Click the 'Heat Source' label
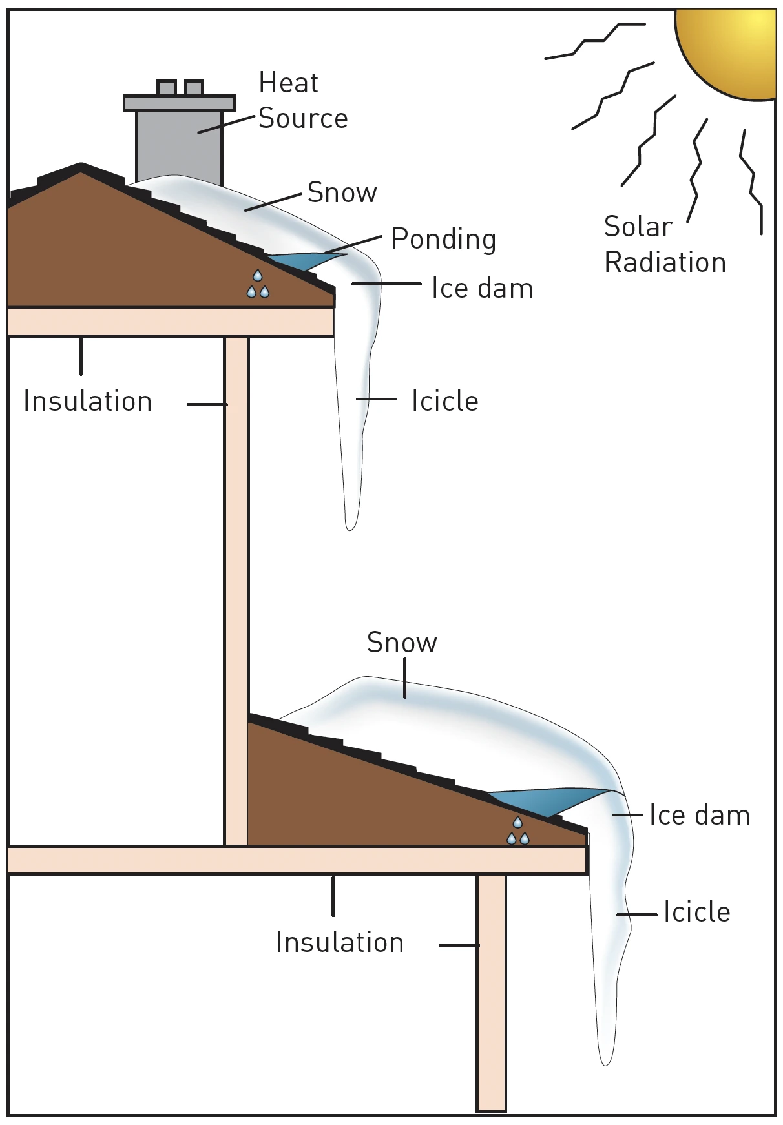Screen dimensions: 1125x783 [303, 101]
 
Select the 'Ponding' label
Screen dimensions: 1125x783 [444, 240]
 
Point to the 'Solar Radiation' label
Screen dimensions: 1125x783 [665, 245]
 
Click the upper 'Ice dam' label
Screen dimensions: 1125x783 [482, 289]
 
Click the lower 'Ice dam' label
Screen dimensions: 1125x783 [700, 816]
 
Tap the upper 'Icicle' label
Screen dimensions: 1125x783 [445, 402]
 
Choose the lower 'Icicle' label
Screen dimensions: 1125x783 [697, 913]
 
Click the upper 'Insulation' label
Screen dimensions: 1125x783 [88, 402]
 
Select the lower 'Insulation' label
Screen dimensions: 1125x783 [340, 943]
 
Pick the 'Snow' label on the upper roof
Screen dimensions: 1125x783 [342, 193]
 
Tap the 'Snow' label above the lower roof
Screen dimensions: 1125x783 [402, 643]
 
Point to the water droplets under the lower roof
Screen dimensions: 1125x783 [517, 831]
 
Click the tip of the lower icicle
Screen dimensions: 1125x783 [605, 1061]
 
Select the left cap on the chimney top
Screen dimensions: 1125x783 [167, 88]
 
